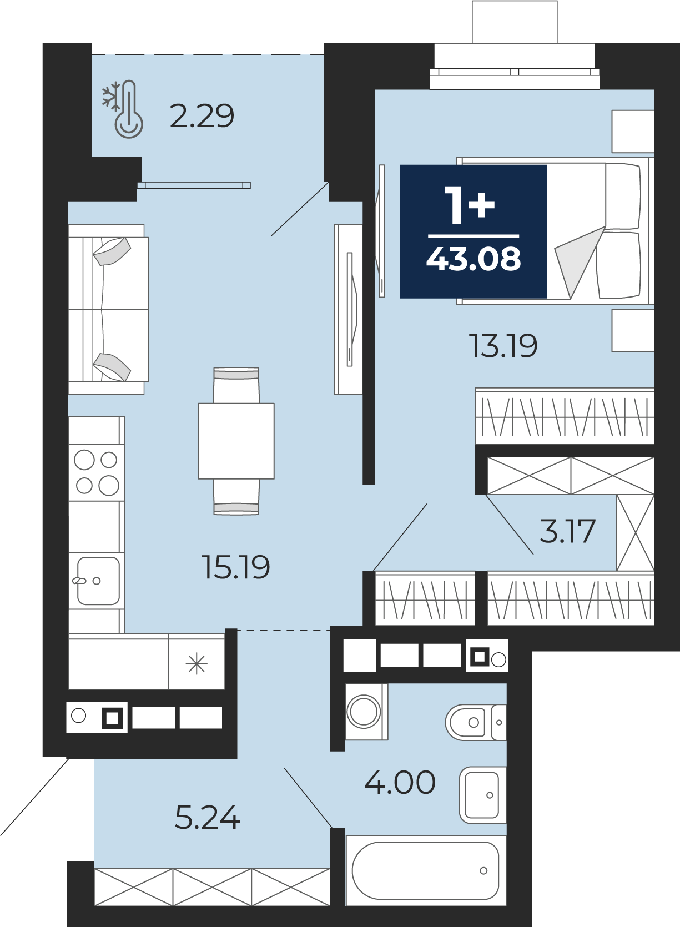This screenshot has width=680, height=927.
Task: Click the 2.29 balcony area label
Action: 202,116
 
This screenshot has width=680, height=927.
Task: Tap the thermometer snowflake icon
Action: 123,109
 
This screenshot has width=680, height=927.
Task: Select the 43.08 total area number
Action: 474,259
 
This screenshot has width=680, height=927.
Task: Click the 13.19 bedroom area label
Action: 503,346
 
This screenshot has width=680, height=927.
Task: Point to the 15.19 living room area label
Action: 236,567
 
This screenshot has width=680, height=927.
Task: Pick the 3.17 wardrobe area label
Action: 567,531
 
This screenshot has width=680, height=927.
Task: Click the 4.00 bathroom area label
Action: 400,782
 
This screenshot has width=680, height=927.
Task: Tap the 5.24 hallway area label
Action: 208,817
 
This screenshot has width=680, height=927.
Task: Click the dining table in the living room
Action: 236,441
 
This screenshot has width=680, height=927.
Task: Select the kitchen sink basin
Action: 98,581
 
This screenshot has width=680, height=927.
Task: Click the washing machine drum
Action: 364,712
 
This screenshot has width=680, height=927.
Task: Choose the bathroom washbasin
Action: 483,795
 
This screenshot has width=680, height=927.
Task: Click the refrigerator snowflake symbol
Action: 197,663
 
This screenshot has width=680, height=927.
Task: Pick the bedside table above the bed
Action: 633,132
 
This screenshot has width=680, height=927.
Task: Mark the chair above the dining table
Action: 236,385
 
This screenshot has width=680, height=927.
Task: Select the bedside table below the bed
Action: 633,331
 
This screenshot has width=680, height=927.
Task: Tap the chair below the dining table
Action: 236,497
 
